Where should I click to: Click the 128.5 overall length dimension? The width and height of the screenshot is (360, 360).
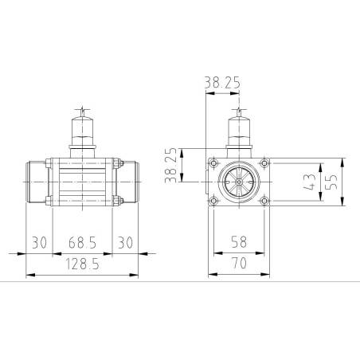(82, 264)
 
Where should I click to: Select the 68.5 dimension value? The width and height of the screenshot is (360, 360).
(83, 242)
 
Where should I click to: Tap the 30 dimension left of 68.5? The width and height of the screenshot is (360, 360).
(40, 242)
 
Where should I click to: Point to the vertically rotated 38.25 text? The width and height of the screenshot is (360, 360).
(170, 166)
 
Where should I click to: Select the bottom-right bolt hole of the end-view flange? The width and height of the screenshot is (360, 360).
(264, 201)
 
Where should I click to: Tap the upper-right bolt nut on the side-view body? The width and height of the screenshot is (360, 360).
(115, 164)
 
